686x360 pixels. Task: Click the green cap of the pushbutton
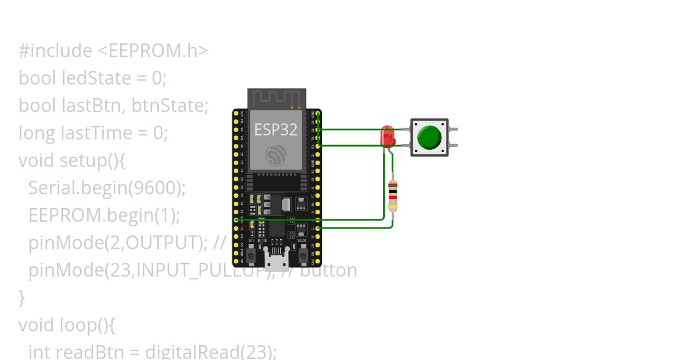tap(429, 137)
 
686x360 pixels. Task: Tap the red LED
tap(387, 137)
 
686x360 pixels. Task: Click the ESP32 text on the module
tap(276, 130)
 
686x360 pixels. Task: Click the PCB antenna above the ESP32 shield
tap(277, 98)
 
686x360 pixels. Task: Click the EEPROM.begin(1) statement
tap(104, 215)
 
